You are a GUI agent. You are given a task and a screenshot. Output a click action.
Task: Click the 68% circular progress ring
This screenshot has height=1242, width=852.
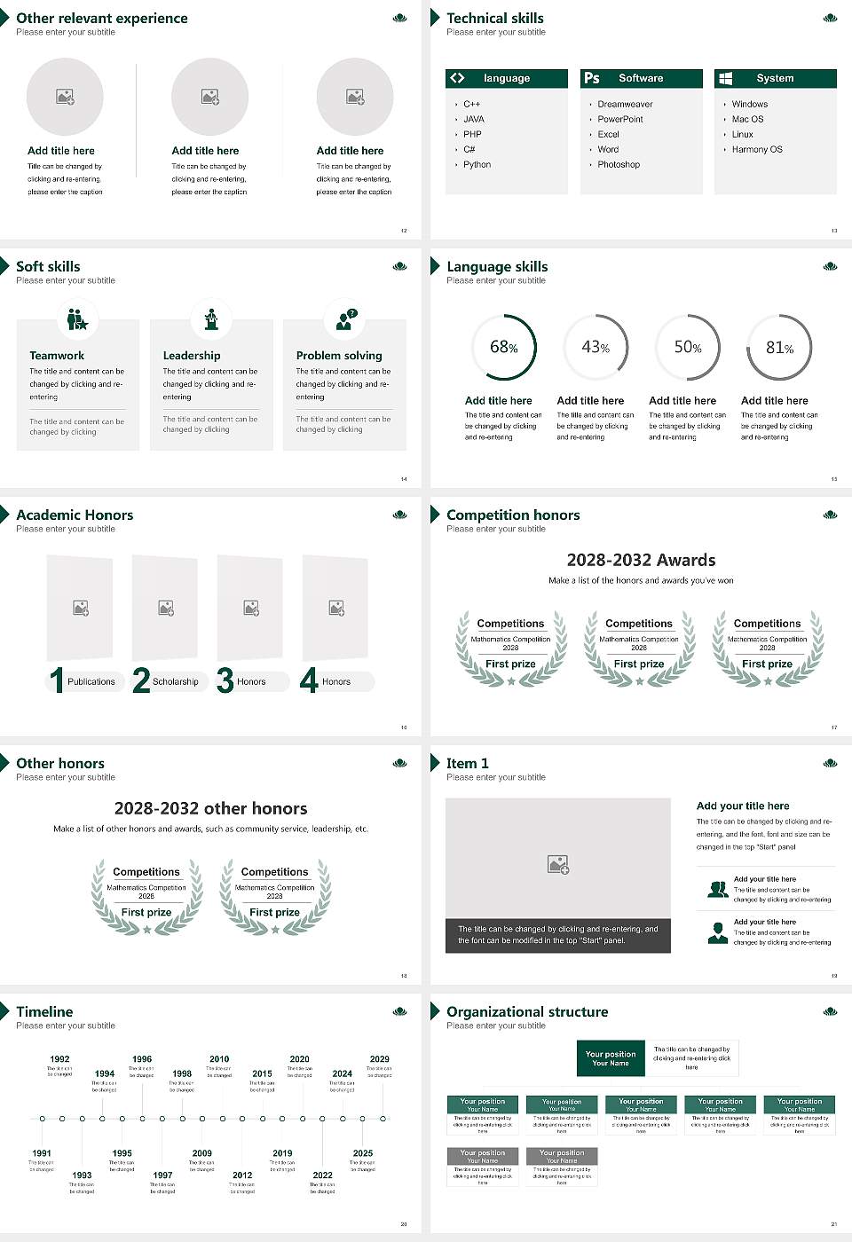504,347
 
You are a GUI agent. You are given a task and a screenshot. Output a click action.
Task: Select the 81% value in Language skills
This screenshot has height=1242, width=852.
779,348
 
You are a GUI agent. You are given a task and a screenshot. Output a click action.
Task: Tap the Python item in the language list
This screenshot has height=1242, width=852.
477,165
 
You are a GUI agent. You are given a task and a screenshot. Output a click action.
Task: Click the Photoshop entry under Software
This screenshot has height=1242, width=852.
618,165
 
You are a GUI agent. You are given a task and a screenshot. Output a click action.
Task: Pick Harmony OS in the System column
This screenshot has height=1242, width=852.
756,150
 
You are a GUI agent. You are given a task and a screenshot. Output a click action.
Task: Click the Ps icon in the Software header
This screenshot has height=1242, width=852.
592,78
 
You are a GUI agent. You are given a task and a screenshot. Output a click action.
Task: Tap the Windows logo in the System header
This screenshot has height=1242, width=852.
726,78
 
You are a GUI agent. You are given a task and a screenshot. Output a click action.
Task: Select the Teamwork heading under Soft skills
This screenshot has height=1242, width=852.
57,356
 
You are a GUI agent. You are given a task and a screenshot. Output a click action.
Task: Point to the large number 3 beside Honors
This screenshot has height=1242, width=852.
225,680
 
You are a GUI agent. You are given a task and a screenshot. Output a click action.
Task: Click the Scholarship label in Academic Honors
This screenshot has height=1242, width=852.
175,682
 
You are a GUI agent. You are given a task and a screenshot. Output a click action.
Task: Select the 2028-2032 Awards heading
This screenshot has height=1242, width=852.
641,561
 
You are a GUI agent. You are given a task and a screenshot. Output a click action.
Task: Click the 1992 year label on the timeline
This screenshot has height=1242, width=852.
59,1059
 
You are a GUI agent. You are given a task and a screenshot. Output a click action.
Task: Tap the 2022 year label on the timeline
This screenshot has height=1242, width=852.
322,1175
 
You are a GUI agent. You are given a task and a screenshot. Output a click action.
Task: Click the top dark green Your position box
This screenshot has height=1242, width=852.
611,1058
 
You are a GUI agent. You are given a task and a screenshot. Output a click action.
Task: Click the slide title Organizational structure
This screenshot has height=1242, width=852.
527,1012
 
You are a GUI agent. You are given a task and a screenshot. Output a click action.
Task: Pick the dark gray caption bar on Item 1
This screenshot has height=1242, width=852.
557,935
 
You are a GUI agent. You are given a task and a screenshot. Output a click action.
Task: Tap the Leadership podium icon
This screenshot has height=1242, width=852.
211,319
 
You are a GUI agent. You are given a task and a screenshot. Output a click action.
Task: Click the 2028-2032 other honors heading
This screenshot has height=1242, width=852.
210,809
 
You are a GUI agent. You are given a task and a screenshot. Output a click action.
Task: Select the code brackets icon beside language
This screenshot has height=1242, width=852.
457,78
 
